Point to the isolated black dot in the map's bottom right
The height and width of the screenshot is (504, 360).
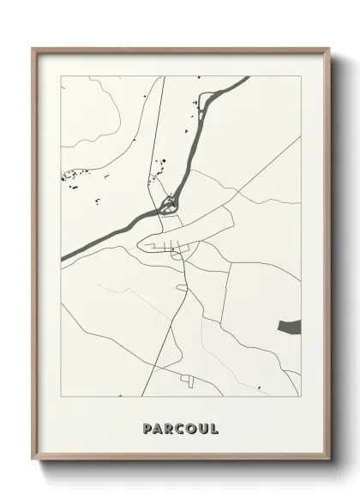(x=260, y=387)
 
